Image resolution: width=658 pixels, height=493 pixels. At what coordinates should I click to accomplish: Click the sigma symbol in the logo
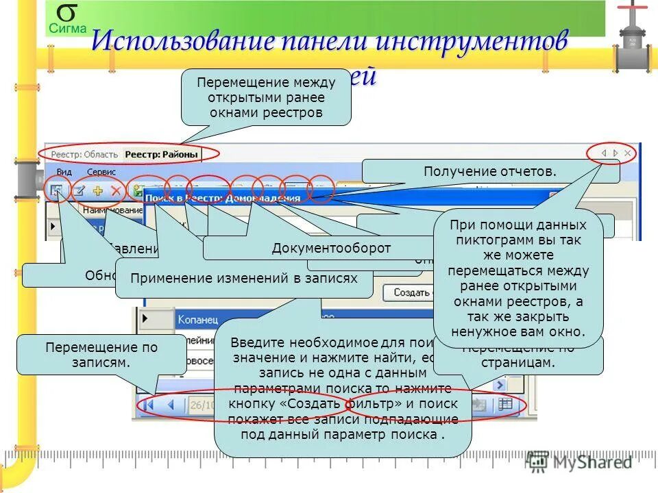click(x=66, y=13)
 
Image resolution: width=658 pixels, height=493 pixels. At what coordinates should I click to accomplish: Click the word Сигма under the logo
click(x=67, y=29)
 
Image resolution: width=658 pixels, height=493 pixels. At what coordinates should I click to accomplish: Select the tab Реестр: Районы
click(x=162, y=155)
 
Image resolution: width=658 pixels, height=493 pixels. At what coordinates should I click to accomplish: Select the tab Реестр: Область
click(x=85, y=155)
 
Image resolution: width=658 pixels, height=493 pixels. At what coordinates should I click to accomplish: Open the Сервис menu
click(x=101, y=172)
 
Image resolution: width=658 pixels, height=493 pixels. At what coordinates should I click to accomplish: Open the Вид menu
click(x=64, y=172)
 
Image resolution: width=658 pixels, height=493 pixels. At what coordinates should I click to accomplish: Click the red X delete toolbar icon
click(x=116, y=191)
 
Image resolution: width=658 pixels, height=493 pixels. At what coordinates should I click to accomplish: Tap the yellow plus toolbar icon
click(x=97, y=191)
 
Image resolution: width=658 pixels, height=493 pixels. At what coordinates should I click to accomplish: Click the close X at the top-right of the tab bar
click(x=628, y=154)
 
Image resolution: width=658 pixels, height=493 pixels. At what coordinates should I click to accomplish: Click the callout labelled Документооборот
click(x=331, y=248)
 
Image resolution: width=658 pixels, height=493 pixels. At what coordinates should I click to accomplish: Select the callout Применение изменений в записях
click(x=244, y=279)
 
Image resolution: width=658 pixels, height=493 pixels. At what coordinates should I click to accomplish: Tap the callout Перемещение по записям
click(x=101, y=354)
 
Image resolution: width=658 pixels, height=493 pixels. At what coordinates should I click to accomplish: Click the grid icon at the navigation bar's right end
click(x=505, y=405)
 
